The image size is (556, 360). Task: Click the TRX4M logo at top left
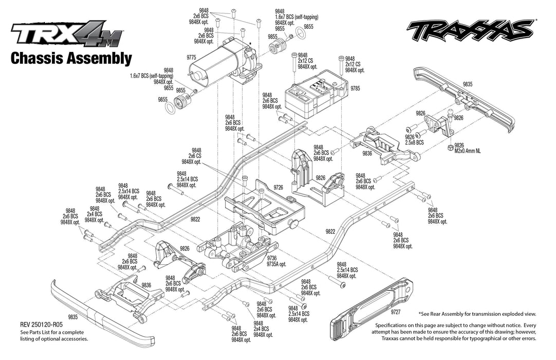click(x=67, y=35)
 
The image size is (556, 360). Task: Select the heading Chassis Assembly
click(x=71, y=58)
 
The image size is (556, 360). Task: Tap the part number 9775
click(x=191, y=58)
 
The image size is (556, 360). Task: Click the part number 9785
click(x=355, y=88)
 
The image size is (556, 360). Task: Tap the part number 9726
click(x=279, y=187)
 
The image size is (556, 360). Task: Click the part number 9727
click(x=395, y=312)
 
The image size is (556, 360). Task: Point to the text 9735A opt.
click(x=276, y=264)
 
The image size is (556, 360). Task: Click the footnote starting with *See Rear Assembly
click(x=477, y=314)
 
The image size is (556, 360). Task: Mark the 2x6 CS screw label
click(x=194, y=156)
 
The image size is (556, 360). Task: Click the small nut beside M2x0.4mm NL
click(x=450, y=148)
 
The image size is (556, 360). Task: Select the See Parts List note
click(x=54, y=335)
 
